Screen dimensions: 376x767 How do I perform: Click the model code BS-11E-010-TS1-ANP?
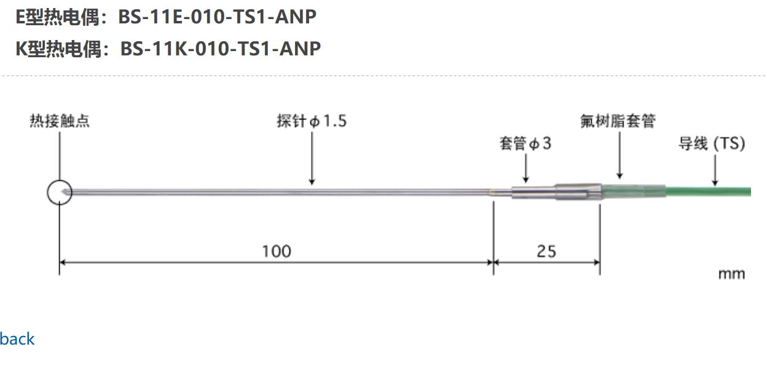click(217, 17)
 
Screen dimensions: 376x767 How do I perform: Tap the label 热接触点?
click(60, 121)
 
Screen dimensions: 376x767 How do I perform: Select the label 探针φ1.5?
click(312, 121)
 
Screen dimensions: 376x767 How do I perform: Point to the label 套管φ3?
click(525, 144)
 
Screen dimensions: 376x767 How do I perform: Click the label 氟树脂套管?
click(618, 121)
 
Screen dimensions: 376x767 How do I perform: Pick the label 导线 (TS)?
click(712, 144)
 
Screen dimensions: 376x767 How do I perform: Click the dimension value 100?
click(277, 251)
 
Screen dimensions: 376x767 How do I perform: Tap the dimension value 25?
click(546, 251)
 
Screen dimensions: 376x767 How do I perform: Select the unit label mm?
click(731, 274)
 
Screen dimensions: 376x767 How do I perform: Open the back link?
click(17, 339)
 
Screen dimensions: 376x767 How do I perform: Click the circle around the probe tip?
click(60, 192)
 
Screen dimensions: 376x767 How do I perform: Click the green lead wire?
click(707, 191)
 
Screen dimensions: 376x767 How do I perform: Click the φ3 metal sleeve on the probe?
click(532, 192)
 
